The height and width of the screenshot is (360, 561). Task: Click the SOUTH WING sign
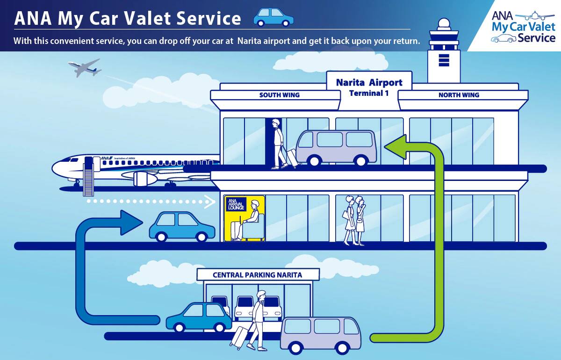click(279, 95)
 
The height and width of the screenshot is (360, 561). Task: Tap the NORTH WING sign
click(458, 95)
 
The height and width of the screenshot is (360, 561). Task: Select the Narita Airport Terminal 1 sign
click(369, 87)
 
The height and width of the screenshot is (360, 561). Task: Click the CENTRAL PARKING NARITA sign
click(258, 275)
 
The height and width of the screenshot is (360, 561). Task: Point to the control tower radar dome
click(444, 24)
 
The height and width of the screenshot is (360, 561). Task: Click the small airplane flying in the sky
click(85, 68)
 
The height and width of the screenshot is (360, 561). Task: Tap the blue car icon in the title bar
click(273, 17)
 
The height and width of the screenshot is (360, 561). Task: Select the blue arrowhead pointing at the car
click(131, 223)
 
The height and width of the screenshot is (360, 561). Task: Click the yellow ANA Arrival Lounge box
click(245, 218)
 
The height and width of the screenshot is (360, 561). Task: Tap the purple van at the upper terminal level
click(336, 147)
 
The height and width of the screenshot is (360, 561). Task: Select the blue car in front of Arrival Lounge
click(182, 226)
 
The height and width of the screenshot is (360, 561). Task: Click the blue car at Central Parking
click(199, 317)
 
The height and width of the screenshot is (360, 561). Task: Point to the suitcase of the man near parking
click(240, 338)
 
